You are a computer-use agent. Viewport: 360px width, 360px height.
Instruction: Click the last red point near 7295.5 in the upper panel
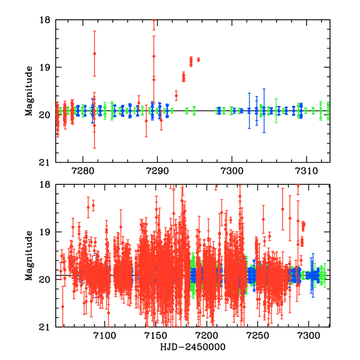coord(199,59)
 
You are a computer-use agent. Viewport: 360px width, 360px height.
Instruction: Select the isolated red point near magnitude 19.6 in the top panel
coord(176,95)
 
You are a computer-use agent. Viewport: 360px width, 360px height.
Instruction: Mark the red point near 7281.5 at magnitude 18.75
coord(94,53)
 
